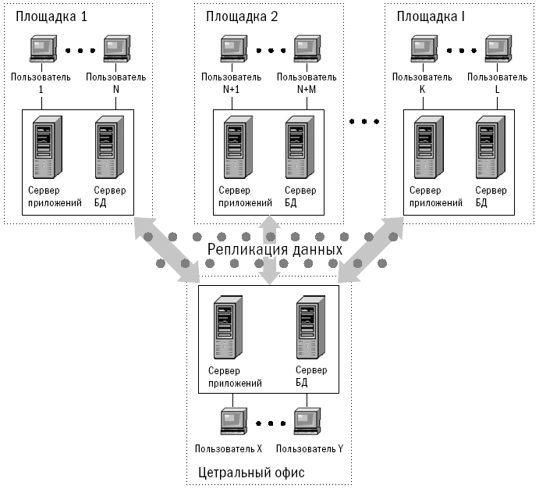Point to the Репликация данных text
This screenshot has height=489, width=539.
(275, 250)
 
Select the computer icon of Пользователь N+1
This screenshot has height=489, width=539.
(232, 51)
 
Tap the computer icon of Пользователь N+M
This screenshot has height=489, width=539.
(307, 51)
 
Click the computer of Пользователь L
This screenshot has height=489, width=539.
(496, 51)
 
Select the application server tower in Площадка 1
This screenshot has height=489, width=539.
(44, 148)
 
